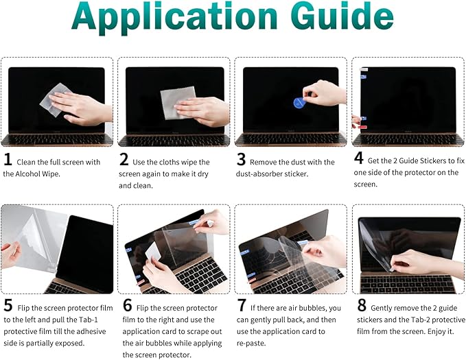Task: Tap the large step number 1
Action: click(x=8, y=161)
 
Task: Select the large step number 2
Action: click(x=124, y=161)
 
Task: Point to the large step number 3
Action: click(x=241, y=161)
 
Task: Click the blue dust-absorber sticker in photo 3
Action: click(x=299, y=103)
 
